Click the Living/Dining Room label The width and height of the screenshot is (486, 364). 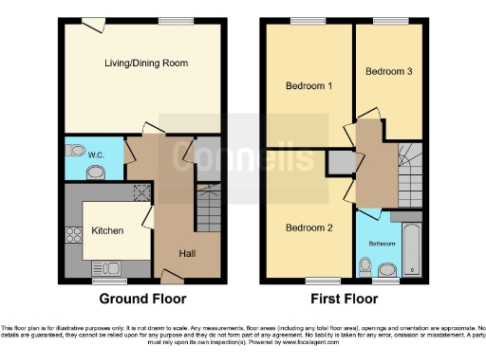coord(145,64)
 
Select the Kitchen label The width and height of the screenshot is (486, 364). coord(107,230)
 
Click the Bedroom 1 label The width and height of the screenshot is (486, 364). coord(308,86)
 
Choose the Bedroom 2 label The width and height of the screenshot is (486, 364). coord(308,227)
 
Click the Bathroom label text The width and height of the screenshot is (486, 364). coord(382,242)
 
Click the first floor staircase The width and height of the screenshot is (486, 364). coord(411,175)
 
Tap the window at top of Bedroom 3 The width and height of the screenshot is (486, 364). coord(385,22)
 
